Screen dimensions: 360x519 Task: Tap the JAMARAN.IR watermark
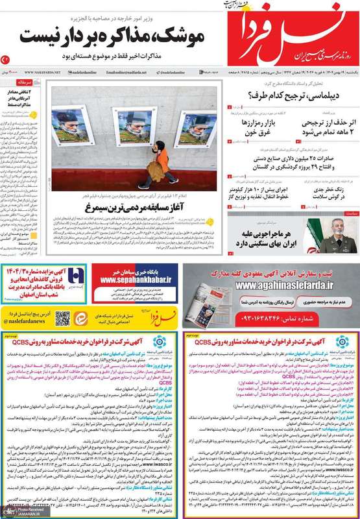coord(18,513)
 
